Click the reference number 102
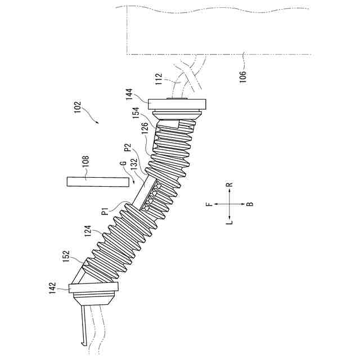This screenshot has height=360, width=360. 78,108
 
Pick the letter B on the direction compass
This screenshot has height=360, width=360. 250,204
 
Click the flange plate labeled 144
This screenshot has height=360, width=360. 178,104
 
